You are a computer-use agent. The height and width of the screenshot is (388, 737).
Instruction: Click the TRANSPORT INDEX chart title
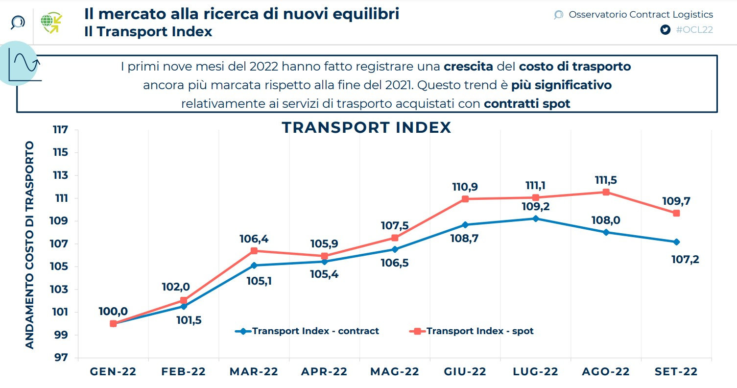click(366, 127)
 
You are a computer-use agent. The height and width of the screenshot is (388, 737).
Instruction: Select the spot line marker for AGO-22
click(606, 192)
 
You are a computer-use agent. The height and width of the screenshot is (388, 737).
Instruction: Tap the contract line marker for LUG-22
click(536, 218)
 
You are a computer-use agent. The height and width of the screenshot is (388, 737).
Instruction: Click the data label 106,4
click(254, 239)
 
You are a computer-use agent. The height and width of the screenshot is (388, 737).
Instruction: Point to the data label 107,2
click(685, 259)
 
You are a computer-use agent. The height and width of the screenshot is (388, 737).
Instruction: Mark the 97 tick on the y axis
click(61, 358)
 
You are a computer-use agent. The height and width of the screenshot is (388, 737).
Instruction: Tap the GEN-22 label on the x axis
click(113, 372)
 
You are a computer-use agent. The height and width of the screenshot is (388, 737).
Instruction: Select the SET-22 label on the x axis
click(676, 372)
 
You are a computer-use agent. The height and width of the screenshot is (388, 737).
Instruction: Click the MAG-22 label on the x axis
click(395, 372)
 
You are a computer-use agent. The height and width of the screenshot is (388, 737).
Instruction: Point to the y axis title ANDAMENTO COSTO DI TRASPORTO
click(30, 245)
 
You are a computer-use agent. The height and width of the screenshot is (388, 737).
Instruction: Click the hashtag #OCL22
click(694, 30)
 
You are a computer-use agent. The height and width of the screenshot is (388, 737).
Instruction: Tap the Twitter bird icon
click(665, 30)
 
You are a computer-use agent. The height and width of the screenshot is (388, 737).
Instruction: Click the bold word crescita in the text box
click(468, 67)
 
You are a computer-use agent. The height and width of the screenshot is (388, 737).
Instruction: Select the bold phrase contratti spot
click(527, 104)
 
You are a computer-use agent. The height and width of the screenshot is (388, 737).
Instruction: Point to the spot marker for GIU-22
click(465, 199)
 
